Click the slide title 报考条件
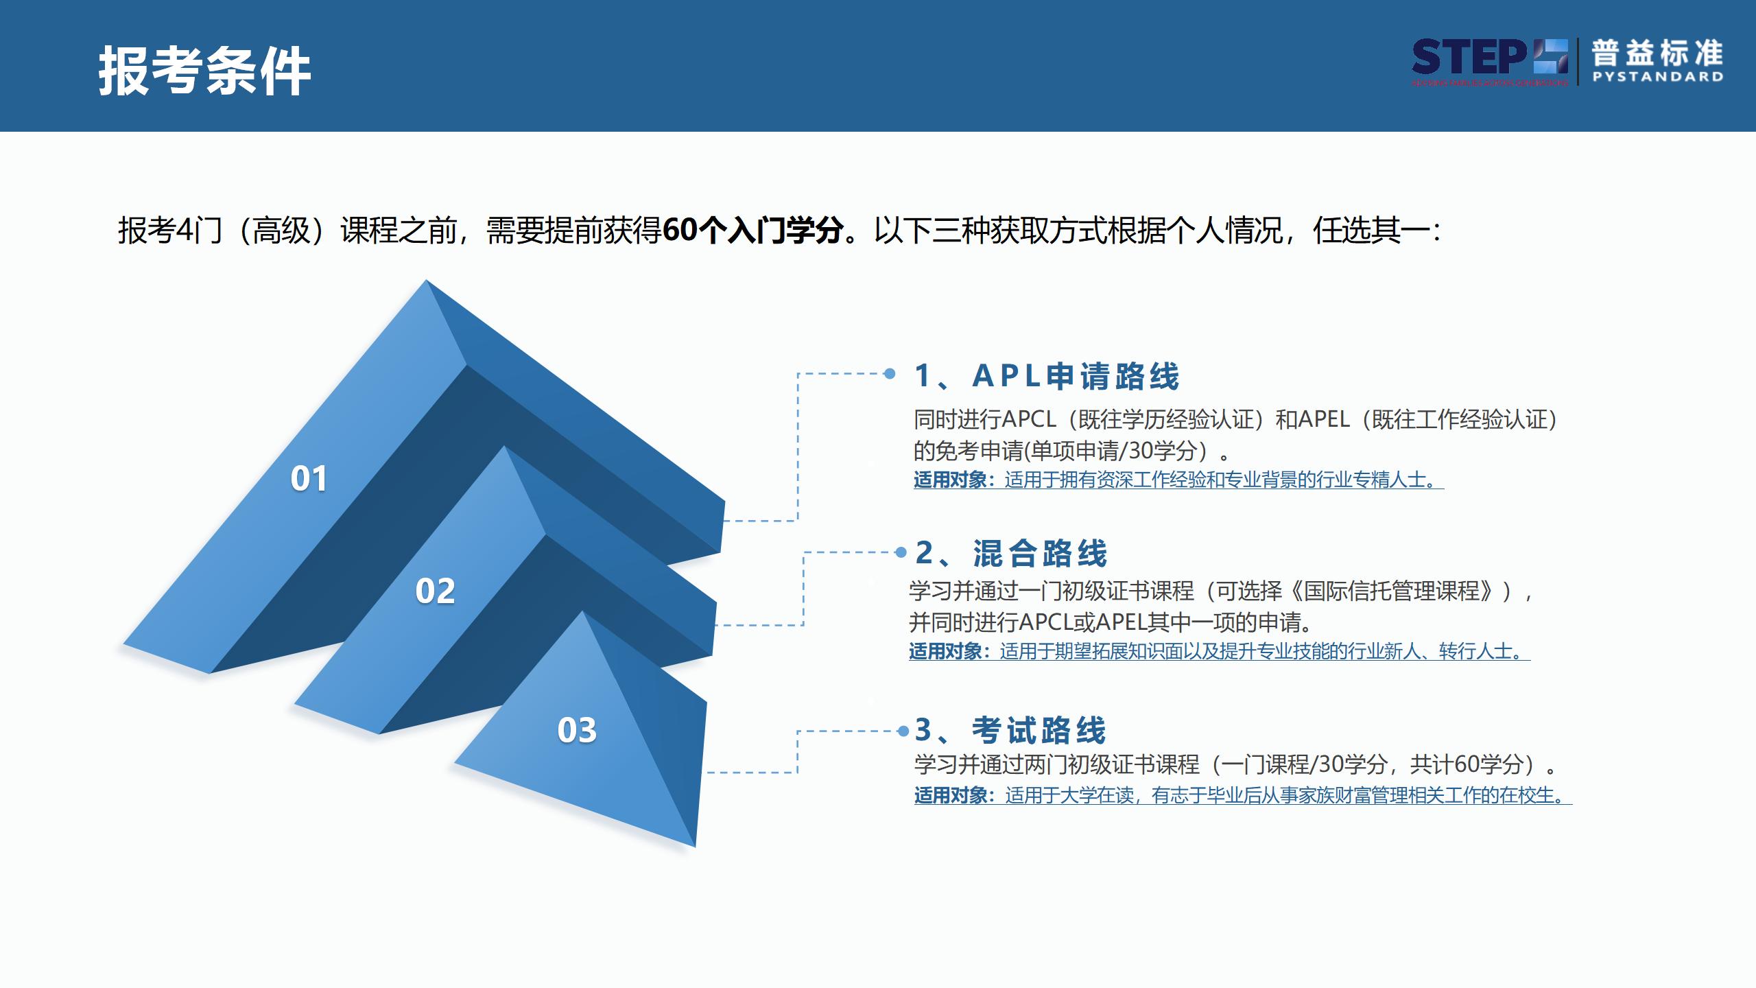click(x=204, y=71)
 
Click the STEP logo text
click(x=1468, y=58)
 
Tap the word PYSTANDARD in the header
click(x=1657, y=77)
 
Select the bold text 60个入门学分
click(x=753, y=230)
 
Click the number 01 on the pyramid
click(x=309, y=478)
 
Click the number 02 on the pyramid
click(x=435, y=591)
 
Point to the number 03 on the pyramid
click(x=577, y=730)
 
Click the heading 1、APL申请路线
click(x=1047, y=376)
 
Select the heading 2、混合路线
click(x=1011, y=553)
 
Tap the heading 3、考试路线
click(x=1010, y=730)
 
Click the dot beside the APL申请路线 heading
click(x=890, y=373)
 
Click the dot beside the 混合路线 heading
click(x=901, y=552)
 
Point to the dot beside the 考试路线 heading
click(x=903, y=731)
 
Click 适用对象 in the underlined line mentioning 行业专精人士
click(x=950, y=480)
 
